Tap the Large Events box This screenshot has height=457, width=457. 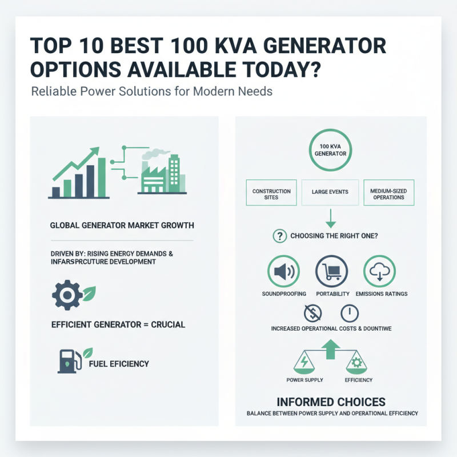coord(330,193)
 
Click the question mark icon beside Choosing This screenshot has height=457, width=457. coord(280,235)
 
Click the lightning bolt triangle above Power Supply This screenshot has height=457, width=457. coord(304,362)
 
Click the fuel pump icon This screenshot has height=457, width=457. coord(67,360)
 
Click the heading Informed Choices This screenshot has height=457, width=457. coord(331,402)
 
